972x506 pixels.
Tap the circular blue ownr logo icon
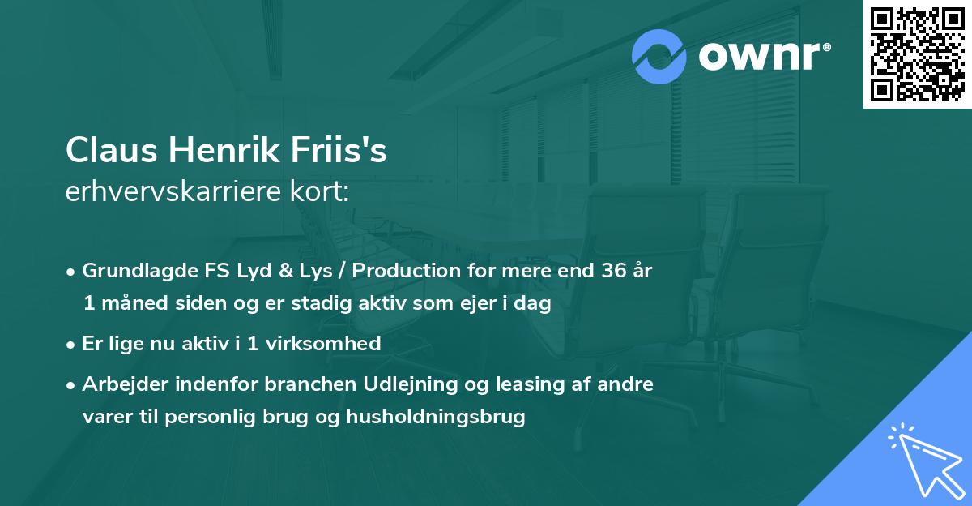point(659,57)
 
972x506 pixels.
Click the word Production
point(413,272)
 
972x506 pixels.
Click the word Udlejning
point(424,384)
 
